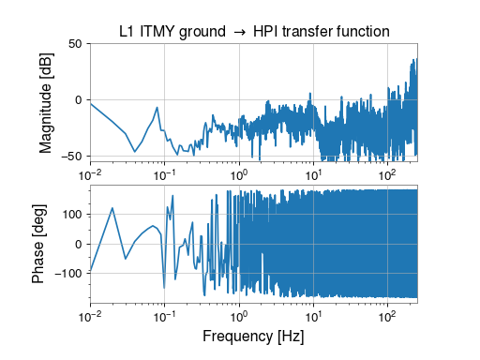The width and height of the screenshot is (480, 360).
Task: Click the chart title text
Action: coord(254,33)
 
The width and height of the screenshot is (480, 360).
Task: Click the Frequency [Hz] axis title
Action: coord(254,335)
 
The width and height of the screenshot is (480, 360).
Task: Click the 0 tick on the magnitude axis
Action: coord(78,99)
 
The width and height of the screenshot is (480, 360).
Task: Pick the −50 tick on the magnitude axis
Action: coord(71,156)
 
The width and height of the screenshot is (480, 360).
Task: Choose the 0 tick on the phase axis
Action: coord(78,245)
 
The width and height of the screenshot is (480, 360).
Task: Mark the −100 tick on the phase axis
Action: coord(67,275)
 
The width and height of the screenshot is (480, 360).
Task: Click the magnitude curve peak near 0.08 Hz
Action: coord(157,108)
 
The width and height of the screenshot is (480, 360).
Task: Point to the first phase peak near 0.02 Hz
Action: coord(112,208)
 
